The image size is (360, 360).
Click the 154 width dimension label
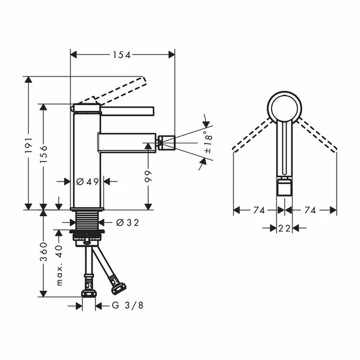pyautogui.click(x=122, y=54)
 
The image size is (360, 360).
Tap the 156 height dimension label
pyautogui.click(x=44, y=157)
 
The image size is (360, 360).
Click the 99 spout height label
pyautogui.click(x=148, y=176)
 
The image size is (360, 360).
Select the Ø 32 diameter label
pyautogui.click(x=124, y=223)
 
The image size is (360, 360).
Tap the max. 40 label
pyautogui.click(x=59, y=265)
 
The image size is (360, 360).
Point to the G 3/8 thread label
pyautogui.click(x=128, y=306)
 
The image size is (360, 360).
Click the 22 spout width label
pyautogui.click(x=285, y=228)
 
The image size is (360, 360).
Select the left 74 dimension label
pyautogui.click(x=259, y=210)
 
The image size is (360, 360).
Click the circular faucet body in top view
pyautogui.click(x=285, y=107)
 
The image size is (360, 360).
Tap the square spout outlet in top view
pyautogui.click(x=285, y=189)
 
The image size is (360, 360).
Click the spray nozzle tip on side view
pyautogui.click(x=165, y=143)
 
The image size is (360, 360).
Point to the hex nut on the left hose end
pyautogui.click(x=90, y=293)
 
